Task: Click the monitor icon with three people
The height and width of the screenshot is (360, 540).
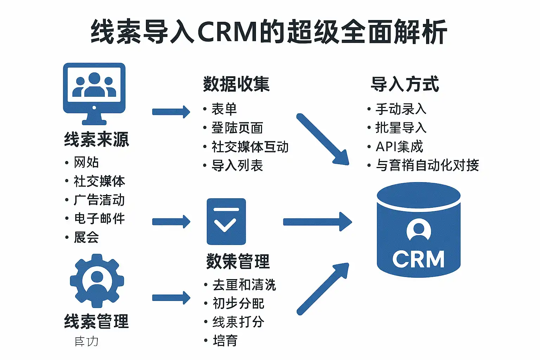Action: pyautogui.click(x=94, y=93)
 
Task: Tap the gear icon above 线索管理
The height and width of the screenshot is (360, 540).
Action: pyautogui.click(x=97, y=281)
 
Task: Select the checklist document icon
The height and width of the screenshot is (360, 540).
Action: pyautogui.click(x=226, y=221)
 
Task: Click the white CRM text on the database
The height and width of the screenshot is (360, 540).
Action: pyautogui.click(x=418, y=259)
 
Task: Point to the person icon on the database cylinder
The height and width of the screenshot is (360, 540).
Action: pyautogui.click(x=418, y=230)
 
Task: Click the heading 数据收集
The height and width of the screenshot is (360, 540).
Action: pyautogui.click(x=236, y=84)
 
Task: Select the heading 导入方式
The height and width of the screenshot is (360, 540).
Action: pyautogui.click(x=405, y=84)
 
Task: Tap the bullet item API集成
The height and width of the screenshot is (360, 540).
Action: pyautogui.click(x=399, y=147)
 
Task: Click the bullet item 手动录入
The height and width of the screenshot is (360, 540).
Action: pyautogui.click(x=401, y=109)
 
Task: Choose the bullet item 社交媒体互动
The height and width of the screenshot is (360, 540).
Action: pyautogui.click(x=250, y=147)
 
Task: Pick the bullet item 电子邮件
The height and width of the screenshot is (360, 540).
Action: pyautogui.click(x=99, y=218)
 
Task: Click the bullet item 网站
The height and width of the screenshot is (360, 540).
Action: pyautogui.click(x=86, y=162)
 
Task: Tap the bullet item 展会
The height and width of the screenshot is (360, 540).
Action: pyautogui.click(x=86, y=237)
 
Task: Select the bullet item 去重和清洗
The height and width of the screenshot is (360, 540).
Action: pyautogui.click(x=244, y=285)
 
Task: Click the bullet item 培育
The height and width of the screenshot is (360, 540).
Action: pyautogui.click(x=225, y=340)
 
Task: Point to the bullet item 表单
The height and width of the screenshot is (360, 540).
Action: pyautogui.click(x=224, y=109)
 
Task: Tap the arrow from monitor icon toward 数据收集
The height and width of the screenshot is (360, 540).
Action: pyautogui.click(x=171, y=112)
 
